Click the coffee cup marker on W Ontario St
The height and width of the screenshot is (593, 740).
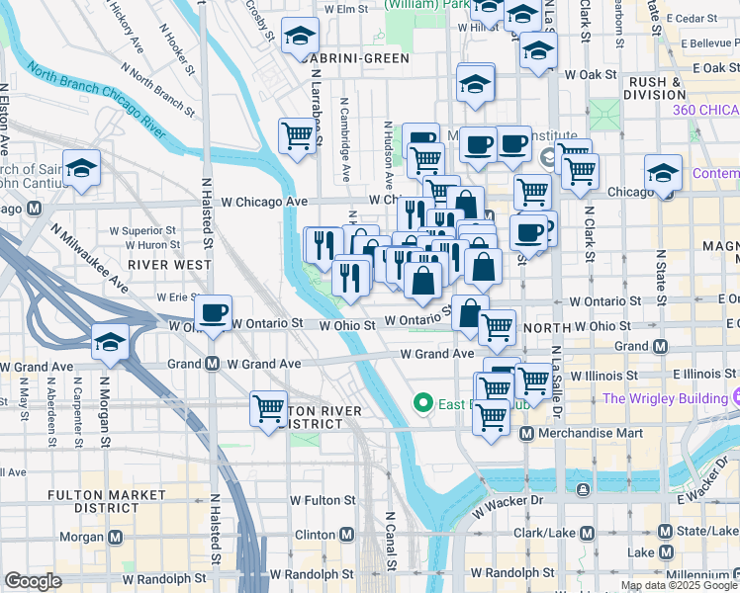[213, 313]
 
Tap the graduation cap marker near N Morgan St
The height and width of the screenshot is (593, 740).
[110, 343]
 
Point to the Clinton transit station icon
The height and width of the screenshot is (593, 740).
[347, 535]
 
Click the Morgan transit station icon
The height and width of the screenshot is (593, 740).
[116, 538]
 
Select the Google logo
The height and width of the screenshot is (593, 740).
[33, 581]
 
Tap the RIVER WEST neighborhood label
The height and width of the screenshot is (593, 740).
[169, 265]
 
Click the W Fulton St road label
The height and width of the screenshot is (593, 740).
[323, 502]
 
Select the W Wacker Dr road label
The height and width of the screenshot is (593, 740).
[509, 502]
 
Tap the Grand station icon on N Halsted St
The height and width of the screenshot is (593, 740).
[212, 364]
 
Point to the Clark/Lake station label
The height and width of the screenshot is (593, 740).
[541, 534]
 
